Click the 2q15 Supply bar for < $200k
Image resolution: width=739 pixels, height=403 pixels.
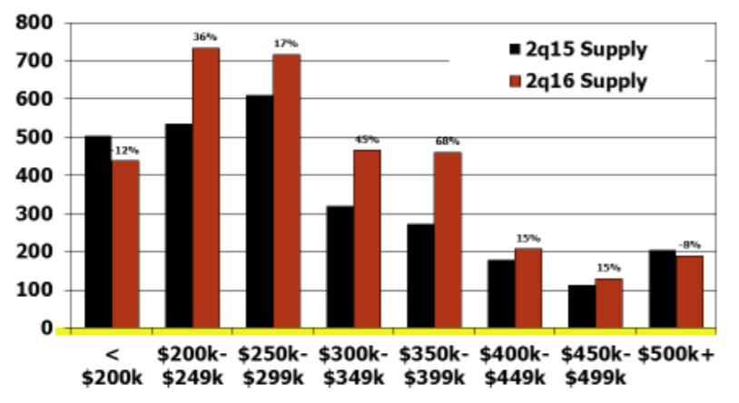tap(98, 231)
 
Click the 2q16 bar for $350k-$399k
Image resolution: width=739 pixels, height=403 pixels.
tap(448, 240)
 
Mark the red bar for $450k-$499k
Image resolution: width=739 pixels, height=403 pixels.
tap(609, 303)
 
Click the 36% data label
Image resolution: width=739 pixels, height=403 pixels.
tap(205, 36)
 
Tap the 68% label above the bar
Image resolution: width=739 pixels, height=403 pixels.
tap(447, 141)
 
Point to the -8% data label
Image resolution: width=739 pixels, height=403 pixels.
tap(689, 245)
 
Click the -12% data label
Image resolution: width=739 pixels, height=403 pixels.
tap(125, 150)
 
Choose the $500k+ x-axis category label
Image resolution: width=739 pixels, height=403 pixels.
tap(675, 353)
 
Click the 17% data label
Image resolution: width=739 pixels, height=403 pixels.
tap(286, 44)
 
